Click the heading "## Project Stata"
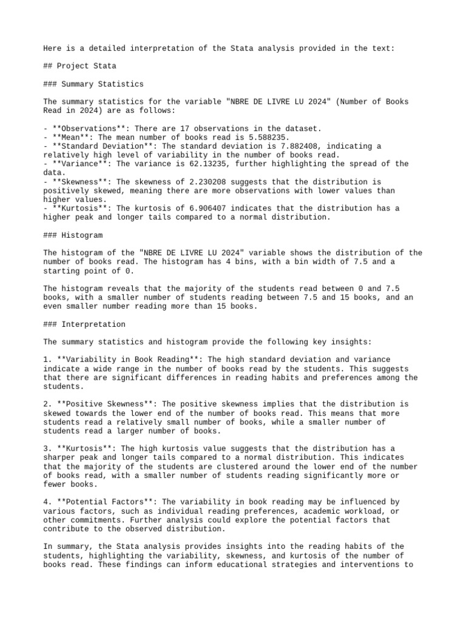[x=79, y=66]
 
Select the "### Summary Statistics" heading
[x=93, y=84]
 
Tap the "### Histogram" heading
[x=73, y=234]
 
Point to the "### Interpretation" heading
[x=84, y=324]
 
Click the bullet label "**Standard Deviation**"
[x=101, y=146]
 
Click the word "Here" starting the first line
[x=52, y=49]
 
